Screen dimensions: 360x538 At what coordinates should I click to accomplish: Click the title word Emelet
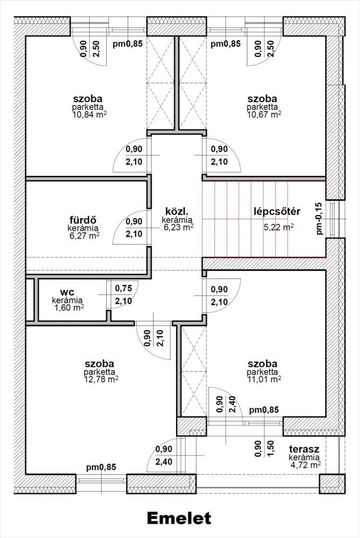coord(179,518)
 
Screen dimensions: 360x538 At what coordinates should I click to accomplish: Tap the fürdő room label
coord(83,220)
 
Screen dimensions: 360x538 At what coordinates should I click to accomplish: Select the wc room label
coord(67,292)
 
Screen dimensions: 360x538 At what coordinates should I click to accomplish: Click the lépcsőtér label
coord(277,211)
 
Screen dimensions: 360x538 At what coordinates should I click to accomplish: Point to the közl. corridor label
coord(178,211)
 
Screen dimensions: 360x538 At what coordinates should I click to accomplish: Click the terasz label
coord(304,449)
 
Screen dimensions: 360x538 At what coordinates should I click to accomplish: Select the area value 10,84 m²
coord(89,114)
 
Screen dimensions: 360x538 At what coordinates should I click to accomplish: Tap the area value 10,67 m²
coord(264,114)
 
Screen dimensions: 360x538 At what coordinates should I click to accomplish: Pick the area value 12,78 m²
coord(101,379)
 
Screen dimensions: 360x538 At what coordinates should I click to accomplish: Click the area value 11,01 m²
coord(264,379)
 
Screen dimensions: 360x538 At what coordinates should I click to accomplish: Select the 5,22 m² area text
coord(278,227)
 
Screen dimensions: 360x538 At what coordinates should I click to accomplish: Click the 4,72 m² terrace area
coord(306,465)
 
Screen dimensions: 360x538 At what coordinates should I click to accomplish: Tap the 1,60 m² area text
coord(69,307)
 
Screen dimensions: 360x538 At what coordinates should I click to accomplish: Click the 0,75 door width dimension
coord(124,288)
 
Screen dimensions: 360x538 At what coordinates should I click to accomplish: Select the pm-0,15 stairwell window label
coord(320,218)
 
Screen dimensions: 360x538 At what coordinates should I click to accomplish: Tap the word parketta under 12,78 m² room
coord(100,372)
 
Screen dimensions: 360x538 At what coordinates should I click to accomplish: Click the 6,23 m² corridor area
coord(179,227)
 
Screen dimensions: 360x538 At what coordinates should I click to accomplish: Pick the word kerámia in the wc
coord(67,300)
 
